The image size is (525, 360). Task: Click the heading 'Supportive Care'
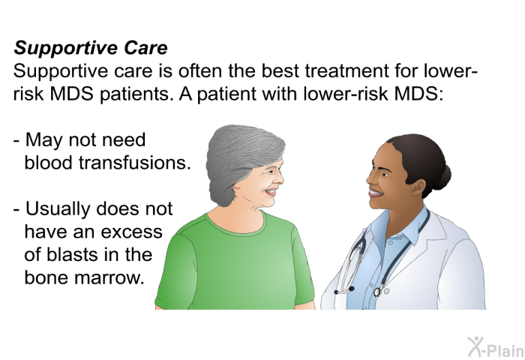[x=91, y=48]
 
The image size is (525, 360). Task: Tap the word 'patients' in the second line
[x=134, y=94]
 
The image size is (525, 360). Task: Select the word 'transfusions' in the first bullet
[x=134, y=163]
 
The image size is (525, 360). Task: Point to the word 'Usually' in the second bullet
[x=58, y=209]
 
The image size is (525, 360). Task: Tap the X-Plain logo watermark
[x=496, y=347]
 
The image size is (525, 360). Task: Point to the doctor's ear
[x=418, y=188]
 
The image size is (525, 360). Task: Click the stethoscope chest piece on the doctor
[x=377, y=292]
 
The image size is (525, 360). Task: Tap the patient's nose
[x=280, y=180]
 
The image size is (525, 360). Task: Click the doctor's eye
[x=383, y=175]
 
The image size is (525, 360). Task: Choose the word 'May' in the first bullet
[x=43, y=141]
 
